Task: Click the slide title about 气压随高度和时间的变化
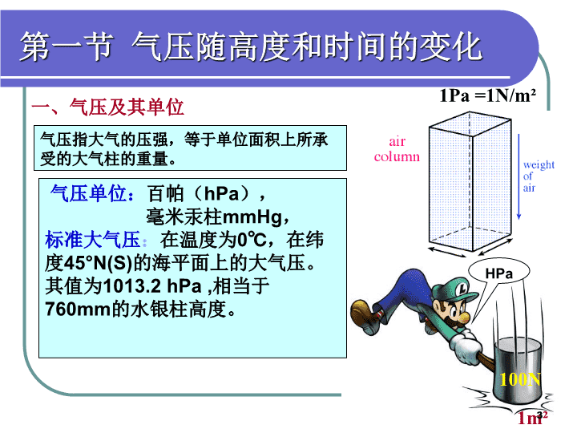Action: [251, 47]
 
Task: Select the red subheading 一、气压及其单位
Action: [108, 107]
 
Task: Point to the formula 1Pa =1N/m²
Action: [487, 95]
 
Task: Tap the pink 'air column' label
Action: [397, 149]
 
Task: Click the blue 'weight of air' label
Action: [539, 176]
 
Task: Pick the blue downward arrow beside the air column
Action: [518, 176]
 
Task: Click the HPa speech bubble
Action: [498, 274]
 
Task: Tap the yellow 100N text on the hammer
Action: [520, 378]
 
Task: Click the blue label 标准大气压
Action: [92, 239]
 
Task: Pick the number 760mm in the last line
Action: [78, 309]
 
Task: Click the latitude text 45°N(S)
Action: [98, 263]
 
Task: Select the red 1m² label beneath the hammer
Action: [532, 418]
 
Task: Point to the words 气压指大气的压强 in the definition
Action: [104, 140]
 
